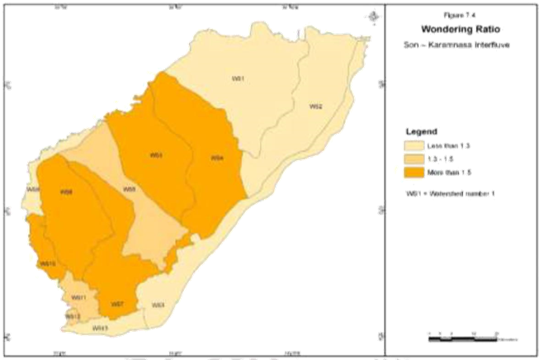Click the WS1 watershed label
(238, 78)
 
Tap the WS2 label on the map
(315, 107)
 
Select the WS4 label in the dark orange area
(217, 158)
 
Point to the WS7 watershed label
(118, 305)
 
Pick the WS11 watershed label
(79, 297)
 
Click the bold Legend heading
(421, 132)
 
